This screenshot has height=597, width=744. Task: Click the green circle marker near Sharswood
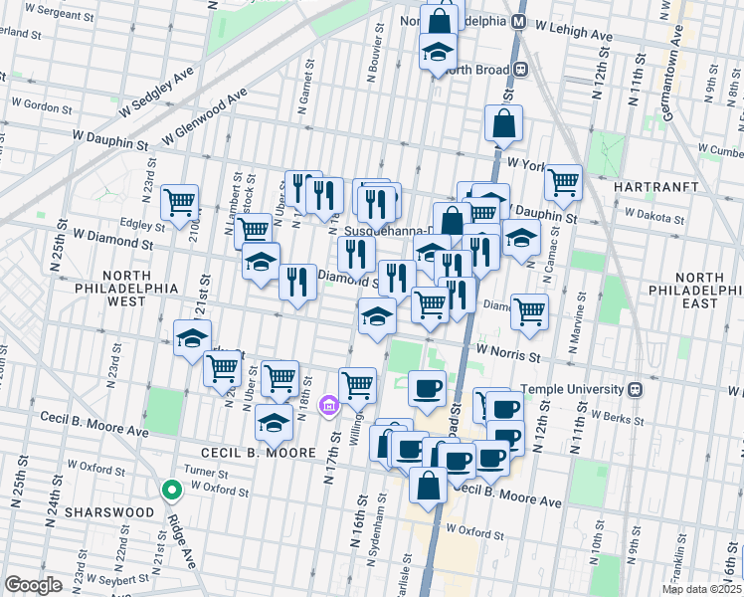coord(171,490)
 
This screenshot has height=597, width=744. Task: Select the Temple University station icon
coord(660,389)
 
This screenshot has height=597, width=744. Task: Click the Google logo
coord(33,585)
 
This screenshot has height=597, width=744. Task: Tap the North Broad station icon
coord(518,70)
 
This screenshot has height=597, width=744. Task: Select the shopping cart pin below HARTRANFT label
coord(563,182)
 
